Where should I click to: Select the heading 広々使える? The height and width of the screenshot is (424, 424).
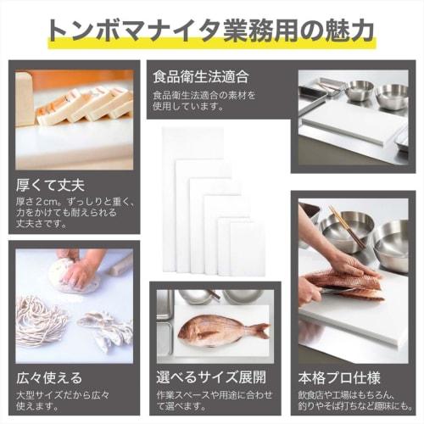50,377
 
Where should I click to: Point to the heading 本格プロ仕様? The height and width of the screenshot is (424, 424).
338,377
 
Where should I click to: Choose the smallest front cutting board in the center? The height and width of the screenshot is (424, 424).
247,248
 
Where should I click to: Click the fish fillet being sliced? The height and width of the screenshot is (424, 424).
343,282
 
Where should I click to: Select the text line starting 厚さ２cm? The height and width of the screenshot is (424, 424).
69,202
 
